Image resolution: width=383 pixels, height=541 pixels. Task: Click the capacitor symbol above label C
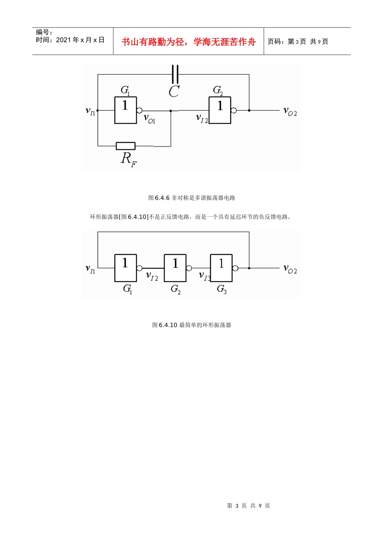click(x=175, y=74)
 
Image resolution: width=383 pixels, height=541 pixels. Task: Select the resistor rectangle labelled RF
click(x=125, y=146)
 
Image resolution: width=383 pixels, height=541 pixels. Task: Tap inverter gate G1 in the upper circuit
click(x=125, y=110)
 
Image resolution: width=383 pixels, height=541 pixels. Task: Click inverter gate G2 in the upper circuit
click(x=220, y=110)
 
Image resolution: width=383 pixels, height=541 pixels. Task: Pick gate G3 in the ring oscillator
click(x=221, y=268)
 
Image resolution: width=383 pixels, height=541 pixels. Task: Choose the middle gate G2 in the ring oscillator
click(x=175, y=268)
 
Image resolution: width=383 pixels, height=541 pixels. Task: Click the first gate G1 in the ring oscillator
click(x=125, y=268)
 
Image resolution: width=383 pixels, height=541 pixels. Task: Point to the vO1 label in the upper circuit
click(x=149, y=118)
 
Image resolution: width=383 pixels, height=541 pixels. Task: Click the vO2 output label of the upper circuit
click(x=290, y=111)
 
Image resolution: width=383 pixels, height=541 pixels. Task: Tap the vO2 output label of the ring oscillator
click(x=290, y=269)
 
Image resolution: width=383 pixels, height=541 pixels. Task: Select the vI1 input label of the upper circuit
click(x=90, y=111)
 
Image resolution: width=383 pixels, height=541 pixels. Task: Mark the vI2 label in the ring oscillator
click(x=152, y=276)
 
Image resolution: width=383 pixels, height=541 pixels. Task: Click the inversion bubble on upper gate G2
click(x=233, y=110)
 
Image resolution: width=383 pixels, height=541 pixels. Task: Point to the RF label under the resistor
click(x=129, y=159)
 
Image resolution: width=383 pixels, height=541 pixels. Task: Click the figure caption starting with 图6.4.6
click(x=191, y=198)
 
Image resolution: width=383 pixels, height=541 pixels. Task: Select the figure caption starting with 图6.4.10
click(x=191, y=325)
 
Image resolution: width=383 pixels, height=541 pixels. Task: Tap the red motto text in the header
click(x=189, y=42)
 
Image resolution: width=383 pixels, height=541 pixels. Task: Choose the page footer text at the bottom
click(x=248, y=506)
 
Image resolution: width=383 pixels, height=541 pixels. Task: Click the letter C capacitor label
click(x=174, y=91)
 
